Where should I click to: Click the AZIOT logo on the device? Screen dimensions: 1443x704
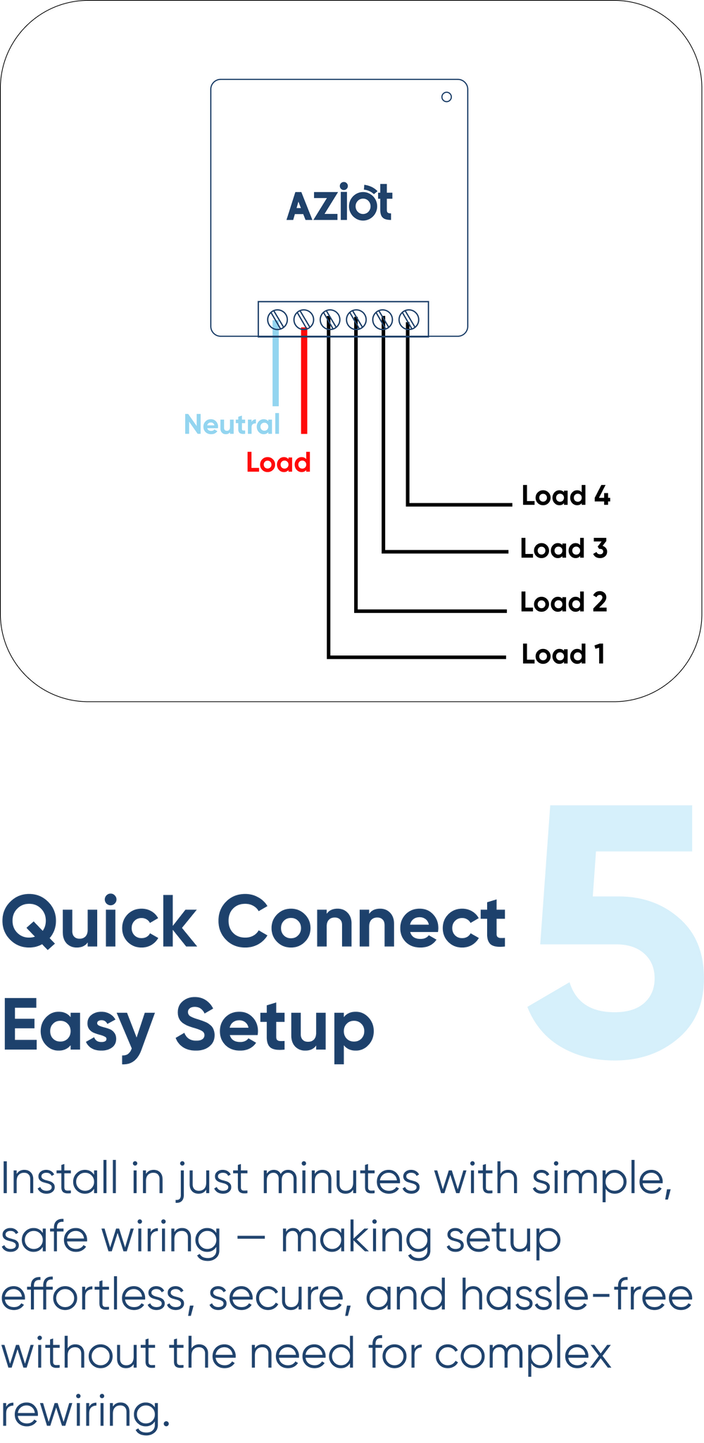[339, 203]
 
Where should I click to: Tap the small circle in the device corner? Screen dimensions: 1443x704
[446, 97]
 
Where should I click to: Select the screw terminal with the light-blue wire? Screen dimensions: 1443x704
[277, 320]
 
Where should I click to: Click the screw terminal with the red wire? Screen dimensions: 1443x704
[303, 320]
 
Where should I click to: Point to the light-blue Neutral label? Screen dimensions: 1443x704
[232, 424]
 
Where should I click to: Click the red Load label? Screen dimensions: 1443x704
[279, 462]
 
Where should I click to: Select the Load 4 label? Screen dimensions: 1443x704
[565, 496]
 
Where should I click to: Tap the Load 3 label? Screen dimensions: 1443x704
[563, 548]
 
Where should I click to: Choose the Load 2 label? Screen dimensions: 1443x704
[563, 602]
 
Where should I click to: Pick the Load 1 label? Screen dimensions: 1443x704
[563, 654]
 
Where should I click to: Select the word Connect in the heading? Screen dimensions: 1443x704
[360, 922]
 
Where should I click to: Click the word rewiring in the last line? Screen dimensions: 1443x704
[84, 1411]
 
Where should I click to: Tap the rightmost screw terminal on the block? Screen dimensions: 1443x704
[409, 320]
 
